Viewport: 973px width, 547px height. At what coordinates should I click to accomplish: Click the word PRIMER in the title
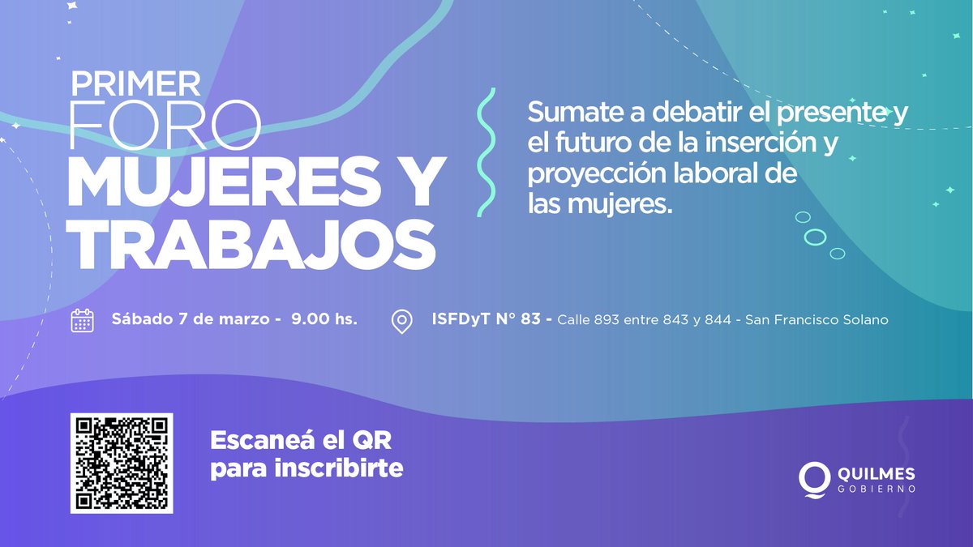click(x=135, y=83)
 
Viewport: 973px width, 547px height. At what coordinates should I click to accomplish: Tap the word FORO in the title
click(x=165, y=125)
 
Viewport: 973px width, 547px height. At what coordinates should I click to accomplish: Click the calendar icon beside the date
click(x=83, y=320)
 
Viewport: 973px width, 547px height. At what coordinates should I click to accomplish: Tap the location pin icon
click(x=401, y=321)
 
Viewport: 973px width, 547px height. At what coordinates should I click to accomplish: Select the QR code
click(x=122, y=464)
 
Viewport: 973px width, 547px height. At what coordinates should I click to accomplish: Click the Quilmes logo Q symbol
click(x=812, y=478)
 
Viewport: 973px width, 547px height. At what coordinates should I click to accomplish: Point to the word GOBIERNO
click(x=878, y=490)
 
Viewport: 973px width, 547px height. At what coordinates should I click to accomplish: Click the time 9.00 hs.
click(x=324, y=319)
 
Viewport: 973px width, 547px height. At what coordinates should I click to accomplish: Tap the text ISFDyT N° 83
click(x=486, y=319)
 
